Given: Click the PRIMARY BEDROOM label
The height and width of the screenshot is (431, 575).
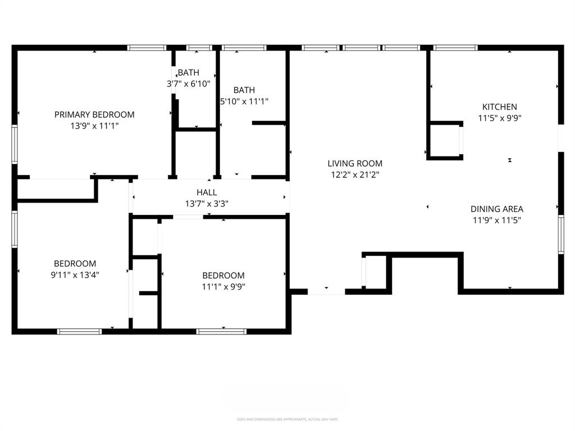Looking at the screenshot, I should tap(94, 114).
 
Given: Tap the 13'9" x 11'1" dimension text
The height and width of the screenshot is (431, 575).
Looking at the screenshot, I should tap(94, 126).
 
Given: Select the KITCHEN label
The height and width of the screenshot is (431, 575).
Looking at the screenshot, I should tap(500, 107).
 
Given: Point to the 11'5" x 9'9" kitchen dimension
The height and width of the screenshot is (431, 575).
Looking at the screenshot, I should tap(500, 118).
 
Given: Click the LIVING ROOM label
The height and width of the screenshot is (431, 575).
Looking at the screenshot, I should tap(355, 163).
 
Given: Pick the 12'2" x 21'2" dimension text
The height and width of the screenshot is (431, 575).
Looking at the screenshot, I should tap(355, 175).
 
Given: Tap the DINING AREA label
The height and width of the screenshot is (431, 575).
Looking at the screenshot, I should tap(496, 209).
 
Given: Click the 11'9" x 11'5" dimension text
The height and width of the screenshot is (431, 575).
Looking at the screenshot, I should tap(496, 221).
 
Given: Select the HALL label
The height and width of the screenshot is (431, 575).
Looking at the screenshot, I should tap(207, 192).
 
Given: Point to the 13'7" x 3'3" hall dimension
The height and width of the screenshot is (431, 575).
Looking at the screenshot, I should tap(207, 204).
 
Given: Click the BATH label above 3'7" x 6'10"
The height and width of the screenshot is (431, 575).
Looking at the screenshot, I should tap(189, 72).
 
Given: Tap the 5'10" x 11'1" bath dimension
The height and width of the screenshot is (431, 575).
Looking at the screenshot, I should tap(244, 102).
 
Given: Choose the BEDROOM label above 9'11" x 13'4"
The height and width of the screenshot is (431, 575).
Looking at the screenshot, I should tap(75, 263).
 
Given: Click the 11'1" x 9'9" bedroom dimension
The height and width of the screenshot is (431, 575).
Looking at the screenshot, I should tap(223, 287).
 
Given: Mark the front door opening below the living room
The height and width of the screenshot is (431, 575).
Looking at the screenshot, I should tap(326, 291).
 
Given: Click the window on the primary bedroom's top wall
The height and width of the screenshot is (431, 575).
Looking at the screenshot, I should tap(147, 48).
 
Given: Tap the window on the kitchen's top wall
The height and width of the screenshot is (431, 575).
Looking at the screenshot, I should tap(455, 48).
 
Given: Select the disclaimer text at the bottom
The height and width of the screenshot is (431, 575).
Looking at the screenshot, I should tap(287, 419).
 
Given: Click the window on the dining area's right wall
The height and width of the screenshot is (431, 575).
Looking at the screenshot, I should tap(560, 234).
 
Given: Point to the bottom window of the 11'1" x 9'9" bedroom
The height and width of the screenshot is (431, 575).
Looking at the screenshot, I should tap(222, 331).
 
